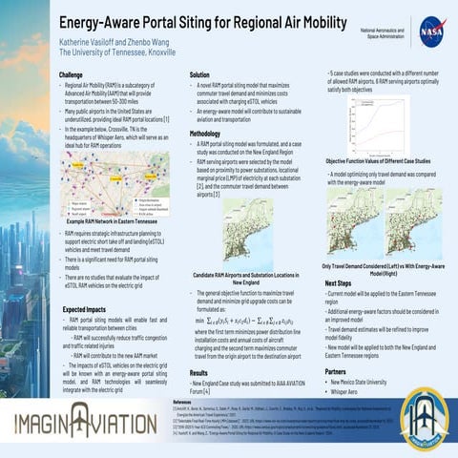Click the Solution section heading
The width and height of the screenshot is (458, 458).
coord(199,73)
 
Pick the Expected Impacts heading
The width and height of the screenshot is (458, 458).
coord(83,310)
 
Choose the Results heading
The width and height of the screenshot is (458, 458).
coord(198,373)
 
